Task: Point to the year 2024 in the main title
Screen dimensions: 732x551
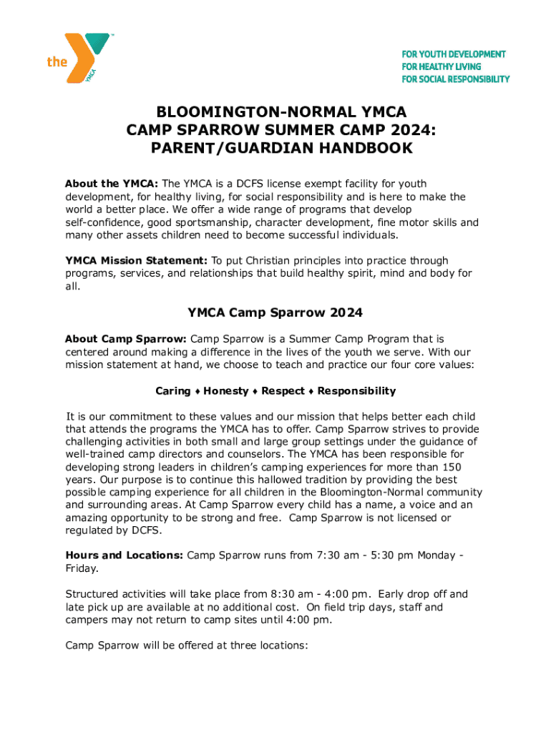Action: (412, 130)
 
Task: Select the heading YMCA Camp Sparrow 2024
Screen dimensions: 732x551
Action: (275, 312)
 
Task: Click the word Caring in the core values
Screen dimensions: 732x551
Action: (172, 391)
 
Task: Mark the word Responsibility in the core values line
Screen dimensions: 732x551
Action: (356, 391)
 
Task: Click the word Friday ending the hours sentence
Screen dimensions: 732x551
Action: (81, 568)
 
